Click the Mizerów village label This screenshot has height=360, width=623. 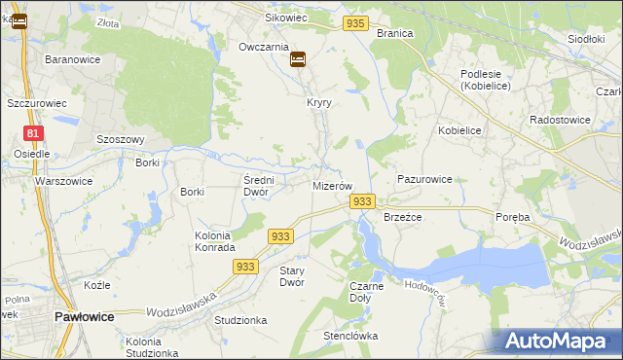coord(331,185)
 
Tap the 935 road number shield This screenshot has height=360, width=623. coord(355,22)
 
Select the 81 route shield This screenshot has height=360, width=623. coord(34,133)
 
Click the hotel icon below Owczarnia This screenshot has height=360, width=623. coord(298,59)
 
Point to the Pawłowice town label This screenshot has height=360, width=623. coord(85,317)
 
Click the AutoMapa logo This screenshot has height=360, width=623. coord(561,342)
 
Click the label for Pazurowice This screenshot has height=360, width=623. coord(424,180)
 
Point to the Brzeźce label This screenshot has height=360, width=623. coord(402,217)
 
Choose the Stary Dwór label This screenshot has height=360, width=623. coord(292,276)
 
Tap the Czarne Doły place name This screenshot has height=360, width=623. coord(366,292)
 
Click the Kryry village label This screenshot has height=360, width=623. coord(320,102)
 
